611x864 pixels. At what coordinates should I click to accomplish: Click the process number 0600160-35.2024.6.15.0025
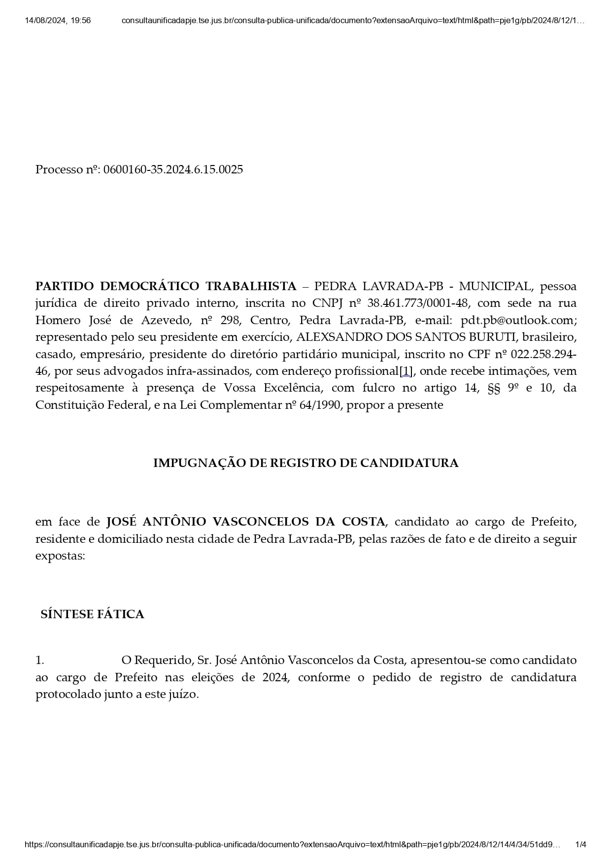coord(173,170)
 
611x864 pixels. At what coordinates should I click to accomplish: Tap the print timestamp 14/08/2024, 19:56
coord(58,21)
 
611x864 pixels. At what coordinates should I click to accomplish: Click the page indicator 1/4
coord(581,844)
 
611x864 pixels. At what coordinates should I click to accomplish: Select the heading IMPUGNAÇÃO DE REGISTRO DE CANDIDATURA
coord(305,463)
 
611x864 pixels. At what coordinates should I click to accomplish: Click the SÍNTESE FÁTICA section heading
coord(92,614)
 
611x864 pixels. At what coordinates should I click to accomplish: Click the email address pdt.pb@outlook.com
coord(518,320)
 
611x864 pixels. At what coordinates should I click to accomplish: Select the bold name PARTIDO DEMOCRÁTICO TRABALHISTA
coord(166,286)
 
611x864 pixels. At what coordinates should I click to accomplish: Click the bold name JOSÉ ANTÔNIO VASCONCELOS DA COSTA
coord(246,522)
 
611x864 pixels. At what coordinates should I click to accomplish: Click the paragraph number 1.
coord(39,661)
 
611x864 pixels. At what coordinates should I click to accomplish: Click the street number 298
coord(230,320)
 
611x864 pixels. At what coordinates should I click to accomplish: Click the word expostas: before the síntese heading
coord(60,556)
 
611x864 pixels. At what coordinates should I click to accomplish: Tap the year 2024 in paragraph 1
coord(275,677)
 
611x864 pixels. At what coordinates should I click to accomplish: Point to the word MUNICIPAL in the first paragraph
coord(495,286)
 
